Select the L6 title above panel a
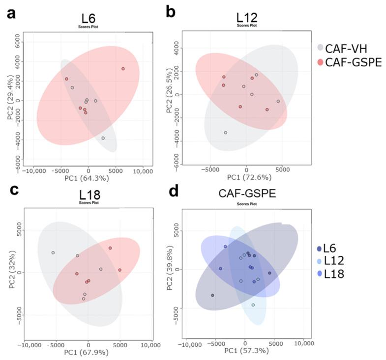coord(89,19)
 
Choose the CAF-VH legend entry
coord(349,48)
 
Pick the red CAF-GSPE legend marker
coord(320,62)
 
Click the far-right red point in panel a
coord(123,69)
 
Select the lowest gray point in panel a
coord(103,138)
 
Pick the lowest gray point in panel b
coord(226,133)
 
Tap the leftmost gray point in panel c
coord(53,252)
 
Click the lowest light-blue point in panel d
coord(253,305)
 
